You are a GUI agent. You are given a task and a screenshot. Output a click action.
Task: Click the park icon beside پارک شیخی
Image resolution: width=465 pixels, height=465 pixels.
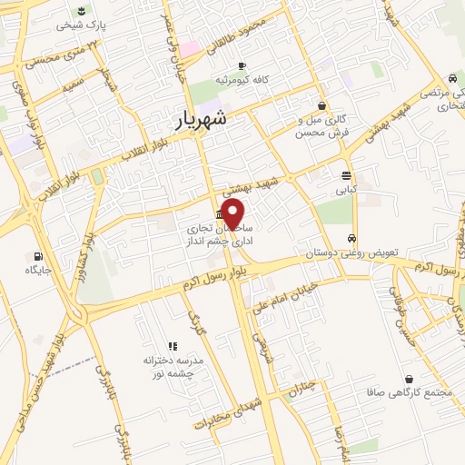[83, 11]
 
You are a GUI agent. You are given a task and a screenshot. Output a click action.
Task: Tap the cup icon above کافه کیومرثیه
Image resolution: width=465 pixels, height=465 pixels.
[242, 66]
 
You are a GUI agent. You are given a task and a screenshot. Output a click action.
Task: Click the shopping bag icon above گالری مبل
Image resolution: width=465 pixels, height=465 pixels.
[322, 105]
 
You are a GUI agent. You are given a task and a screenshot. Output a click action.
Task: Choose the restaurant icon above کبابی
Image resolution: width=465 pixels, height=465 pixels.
[346, 176]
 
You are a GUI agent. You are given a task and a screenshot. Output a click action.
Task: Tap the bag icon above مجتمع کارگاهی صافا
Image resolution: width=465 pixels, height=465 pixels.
[410, 379]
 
